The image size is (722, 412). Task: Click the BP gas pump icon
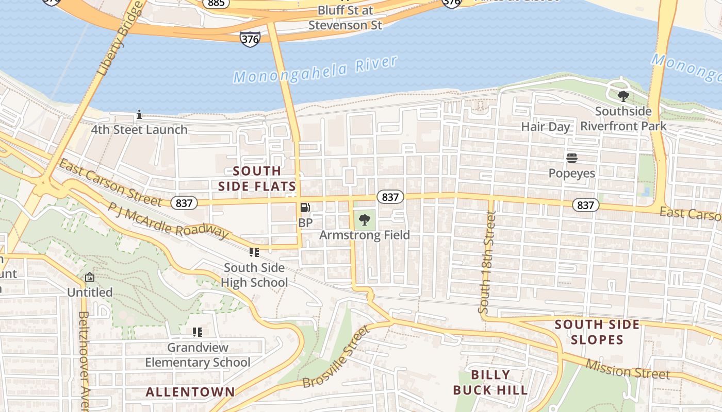305,208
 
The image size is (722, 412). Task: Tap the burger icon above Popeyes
571,158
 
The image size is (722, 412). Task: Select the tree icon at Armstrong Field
365,220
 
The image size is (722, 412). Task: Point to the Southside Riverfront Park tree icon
623,96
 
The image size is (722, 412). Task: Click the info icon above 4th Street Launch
139,114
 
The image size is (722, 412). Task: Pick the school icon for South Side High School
254,252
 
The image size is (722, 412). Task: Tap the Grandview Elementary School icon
197,332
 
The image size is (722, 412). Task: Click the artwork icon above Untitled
90,277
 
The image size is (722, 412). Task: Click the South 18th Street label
487,263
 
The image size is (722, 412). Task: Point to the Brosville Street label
336,356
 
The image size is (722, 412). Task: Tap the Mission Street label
627,369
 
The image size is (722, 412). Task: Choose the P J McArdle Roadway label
168,220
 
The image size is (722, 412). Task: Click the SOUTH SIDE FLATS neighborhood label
257,178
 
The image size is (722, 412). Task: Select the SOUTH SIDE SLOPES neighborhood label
597,332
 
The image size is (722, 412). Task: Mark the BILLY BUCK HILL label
490,382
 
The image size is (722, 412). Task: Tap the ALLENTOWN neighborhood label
190,392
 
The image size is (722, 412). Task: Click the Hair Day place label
545,127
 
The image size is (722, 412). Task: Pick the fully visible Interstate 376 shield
250,39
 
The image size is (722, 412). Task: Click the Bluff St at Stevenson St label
345,18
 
